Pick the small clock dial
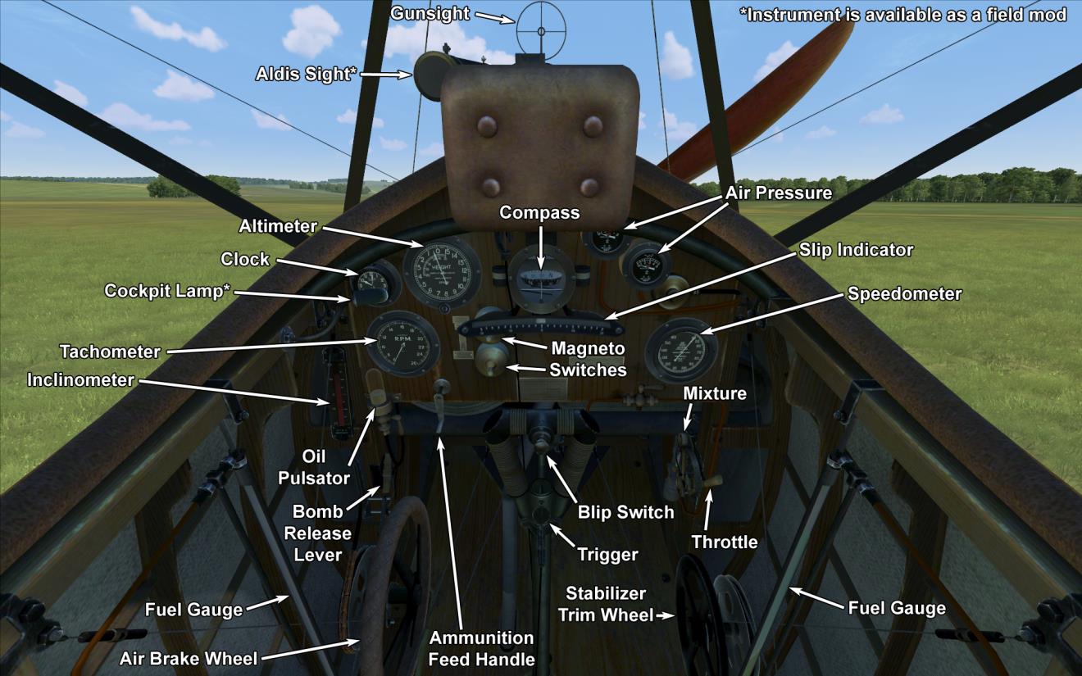coord(374,284)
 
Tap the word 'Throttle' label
coord(724,542)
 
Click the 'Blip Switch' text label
coord(625,512)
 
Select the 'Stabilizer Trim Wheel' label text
coord(606,604)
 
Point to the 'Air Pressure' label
coord(778,193)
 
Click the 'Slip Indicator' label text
coord(856,249)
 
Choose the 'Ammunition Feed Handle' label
coord(481,647)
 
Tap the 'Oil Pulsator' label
coord(314,466)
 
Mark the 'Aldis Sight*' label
coord(306,75)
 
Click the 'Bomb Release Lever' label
coord(321,533)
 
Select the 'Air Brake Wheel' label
coord(189,658)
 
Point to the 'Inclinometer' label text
coord(80,380)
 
